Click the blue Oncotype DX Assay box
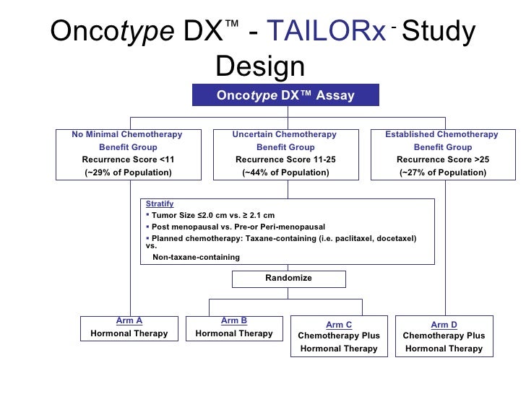coord(285,95)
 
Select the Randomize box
coord(288,279)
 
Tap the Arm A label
coord(129,320)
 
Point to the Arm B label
coord(234,320)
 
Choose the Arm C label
coord(339,325)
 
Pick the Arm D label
coord(444,325)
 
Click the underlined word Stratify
coord(160,204)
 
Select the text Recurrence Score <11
coord(127,159)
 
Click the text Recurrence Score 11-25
coord(285,159)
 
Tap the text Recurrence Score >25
coord(443,159)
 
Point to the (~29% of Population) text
coord(127,172)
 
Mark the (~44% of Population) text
coord(285,172)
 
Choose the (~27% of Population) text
coord(443,172)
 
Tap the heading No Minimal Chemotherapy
coord(127,134)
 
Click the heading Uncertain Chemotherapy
coord(285,134)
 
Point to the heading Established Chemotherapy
coord(441,134)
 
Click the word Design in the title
coord(260,66)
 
